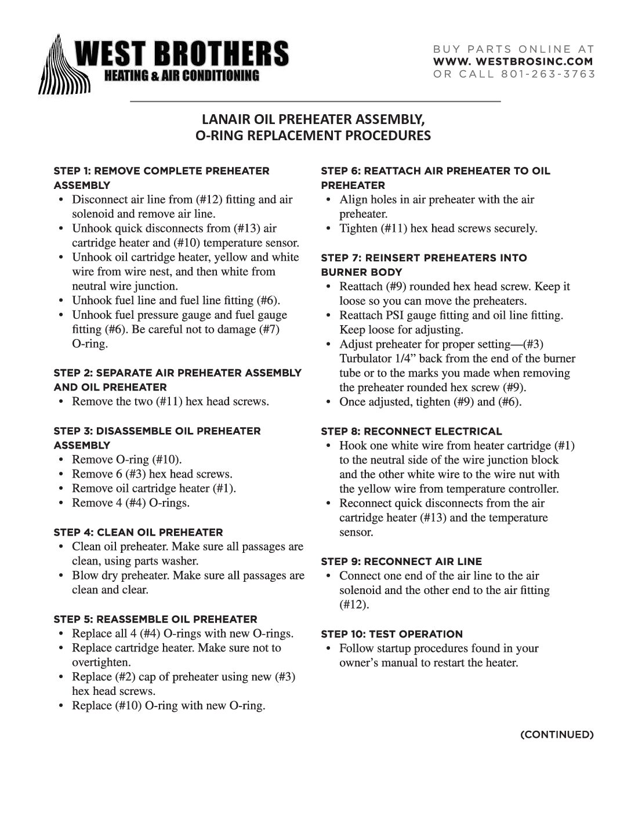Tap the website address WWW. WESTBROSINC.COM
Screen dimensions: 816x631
coord(513,61)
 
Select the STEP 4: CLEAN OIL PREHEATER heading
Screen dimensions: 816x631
coord(138,532)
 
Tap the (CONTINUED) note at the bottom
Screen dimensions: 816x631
coord(557,735)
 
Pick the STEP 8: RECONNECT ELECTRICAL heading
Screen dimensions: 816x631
coord(411,431)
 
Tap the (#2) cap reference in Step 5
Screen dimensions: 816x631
coord(126,677)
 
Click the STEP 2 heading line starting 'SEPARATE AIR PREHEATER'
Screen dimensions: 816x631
coord(177,373)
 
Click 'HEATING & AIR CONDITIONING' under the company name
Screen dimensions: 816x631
coord(181,76)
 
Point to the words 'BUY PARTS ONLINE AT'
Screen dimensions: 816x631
coord(513,49)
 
